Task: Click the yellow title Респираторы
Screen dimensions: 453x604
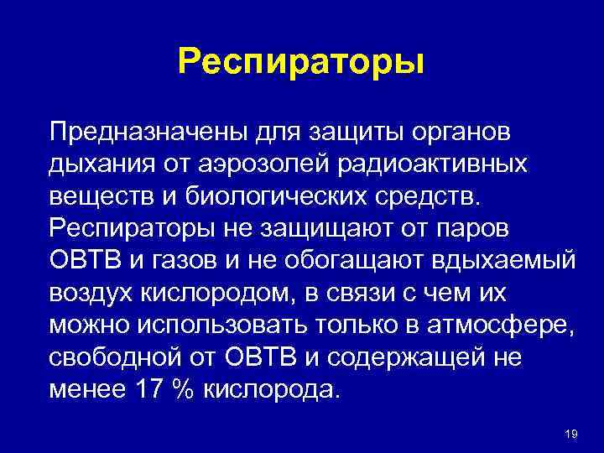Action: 302,60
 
